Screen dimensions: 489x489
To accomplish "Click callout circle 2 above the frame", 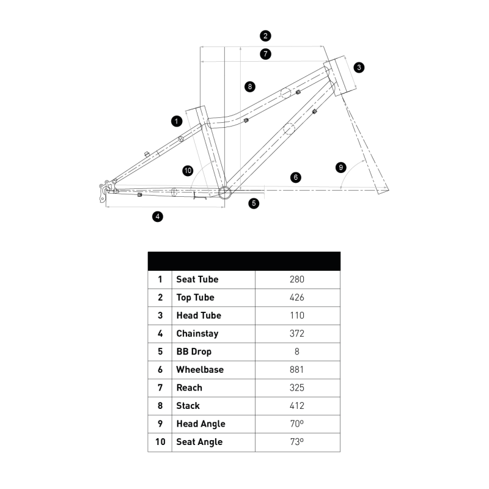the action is (x=265, y=36).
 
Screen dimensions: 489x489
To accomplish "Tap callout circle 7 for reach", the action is (x=265, y=54).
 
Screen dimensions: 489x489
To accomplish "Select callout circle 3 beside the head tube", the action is (x=359, y=67).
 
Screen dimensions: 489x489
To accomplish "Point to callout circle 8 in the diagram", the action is (x=250, y=86).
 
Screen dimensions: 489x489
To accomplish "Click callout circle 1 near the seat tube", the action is (x=177, y=121).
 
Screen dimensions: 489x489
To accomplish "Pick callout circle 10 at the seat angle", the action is (x=188, y=171).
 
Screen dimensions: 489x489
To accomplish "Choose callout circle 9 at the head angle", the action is (x=341, y=167).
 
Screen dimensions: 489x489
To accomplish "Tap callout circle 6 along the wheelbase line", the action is (x=296, y=177).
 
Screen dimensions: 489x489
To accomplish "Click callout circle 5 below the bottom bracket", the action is (x=254, y=204).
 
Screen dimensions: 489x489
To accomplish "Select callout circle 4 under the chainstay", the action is (x=158, y=216).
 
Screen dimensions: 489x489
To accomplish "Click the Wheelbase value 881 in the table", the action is (x=296, y=370).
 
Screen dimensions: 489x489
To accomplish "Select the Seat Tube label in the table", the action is (x=197, y=279).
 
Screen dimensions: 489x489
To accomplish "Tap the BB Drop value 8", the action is (x=297, y=351).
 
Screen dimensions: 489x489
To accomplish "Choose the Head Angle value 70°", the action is (x=297, y=424).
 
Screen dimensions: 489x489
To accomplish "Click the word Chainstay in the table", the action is (x=197, y=334).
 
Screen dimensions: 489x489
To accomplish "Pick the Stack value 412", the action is (x=296, y=405).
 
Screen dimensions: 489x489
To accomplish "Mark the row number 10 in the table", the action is (x=160, y=441).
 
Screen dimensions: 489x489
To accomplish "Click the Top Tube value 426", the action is (x=296, y=297).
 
